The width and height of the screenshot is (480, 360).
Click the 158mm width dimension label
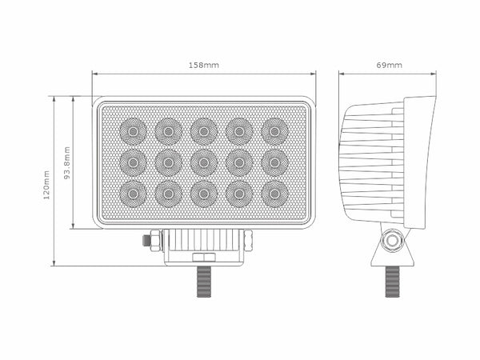coord(203,64)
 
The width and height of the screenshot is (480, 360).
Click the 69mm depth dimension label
coord(389,64)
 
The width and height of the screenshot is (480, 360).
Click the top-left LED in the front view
coord(133,130)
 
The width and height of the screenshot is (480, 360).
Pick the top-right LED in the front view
coord(274,130)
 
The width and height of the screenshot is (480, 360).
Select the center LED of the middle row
coord(204,162)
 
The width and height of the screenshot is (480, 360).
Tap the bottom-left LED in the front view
coord(133,194)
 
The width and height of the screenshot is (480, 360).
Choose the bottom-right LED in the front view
coord(274,194)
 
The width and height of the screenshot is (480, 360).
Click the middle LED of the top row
coord(204,130)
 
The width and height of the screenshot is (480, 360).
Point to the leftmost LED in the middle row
coord(133,162)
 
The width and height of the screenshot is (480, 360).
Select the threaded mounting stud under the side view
coord(392,282)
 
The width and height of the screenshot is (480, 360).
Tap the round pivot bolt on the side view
coord(392,241)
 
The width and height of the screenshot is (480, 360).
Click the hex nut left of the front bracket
coord(154,240)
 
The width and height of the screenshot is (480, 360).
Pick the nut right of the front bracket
coord(248,240)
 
